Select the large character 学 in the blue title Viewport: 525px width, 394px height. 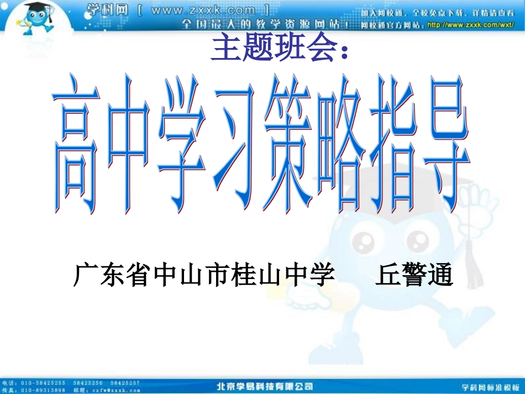pyautogui.click(x=181, y=145)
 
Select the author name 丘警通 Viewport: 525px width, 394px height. pyautogui.click(x=414, y=275)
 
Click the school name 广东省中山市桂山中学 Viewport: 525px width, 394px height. pyautogui.click(x=204, y=275)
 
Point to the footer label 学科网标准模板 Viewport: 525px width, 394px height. pyautogui.click(x=491, y=386)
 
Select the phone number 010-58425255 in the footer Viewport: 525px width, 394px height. pyautogui.click(x=42, y=382)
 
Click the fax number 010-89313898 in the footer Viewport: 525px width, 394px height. pyautogui.click(x=42, y=390)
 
